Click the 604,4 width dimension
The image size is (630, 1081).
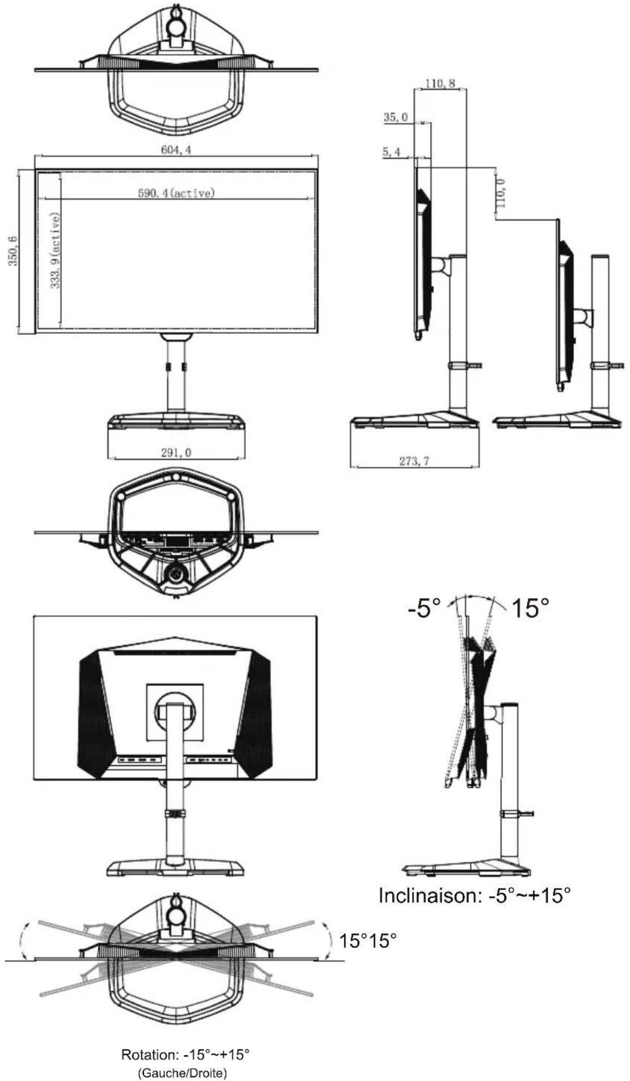coord(176,150)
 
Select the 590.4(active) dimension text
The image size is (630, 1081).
coord(176,193)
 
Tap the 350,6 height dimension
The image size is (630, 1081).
coord(12,251)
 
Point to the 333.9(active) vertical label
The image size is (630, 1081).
coord(55,251)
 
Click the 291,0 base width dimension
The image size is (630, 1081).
coord(176,453)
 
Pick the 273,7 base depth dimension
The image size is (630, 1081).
coord(414,461)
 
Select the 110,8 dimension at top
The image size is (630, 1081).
coord(441,84)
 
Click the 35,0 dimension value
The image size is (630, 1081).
coord(395,117)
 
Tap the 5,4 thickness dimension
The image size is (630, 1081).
coord(391,152)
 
